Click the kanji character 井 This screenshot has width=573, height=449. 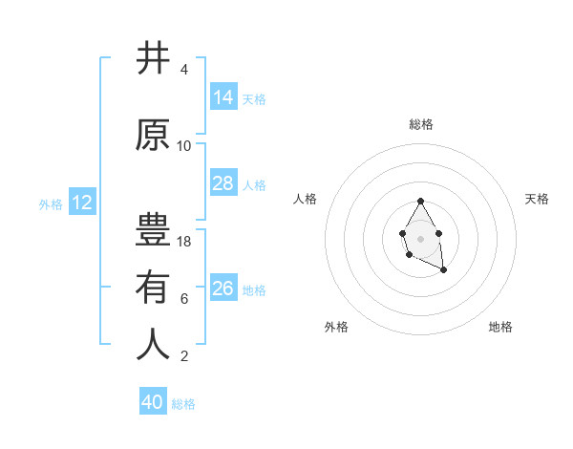tap(153, 59)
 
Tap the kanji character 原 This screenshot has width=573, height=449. tap(153, 136)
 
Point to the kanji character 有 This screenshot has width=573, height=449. tap(153, 288)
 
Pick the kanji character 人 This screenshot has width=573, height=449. tap(153, 345)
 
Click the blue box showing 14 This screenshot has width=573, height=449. tap(223, 97)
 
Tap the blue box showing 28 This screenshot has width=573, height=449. tap(223, 183)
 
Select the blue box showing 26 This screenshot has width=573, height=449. tap(223, 289)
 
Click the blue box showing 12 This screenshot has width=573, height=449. tap(82, 203)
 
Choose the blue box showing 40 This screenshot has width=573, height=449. tap(153, 402)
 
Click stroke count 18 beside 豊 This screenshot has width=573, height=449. tap(184, 242)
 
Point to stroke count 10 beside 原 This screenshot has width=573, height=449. tap(184, 146)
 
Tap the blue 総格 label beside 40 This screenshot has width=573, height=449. tap(184, 404)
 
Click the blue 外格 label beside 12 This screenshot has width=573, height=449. tap(51, 204)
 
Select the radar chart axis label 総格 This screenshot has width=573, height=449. tap(421, 124)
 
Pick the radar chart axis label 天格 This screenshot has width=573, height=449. tap(537, 199)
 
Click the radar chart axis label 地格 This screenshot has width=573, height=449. tap(500, 327)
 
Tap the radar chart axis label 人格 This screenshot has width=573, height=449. tap(306, 199)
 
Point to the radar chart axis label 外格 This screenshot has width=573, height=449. tap(336, 327)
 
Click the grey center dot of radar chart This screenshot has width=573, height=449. tap(420, 238)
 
